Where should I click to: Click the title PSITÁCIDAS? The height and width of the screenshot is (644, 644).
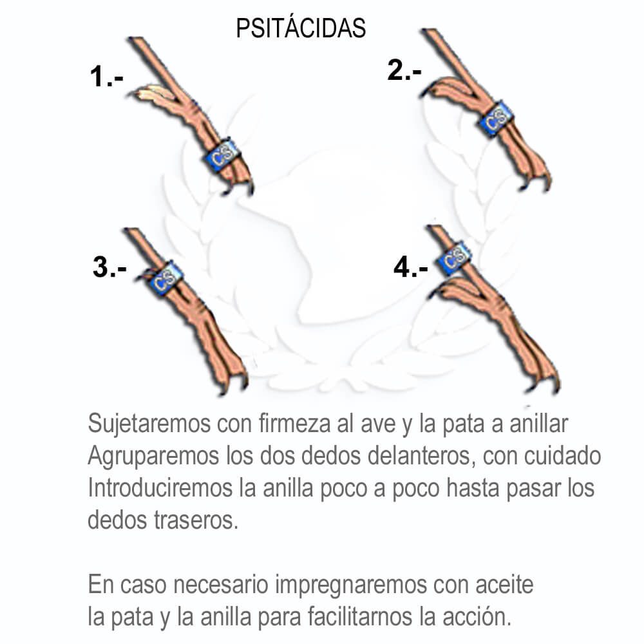tap(301, 28)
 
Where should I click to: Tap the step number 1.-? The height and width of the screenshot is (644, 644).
tap(106, 77)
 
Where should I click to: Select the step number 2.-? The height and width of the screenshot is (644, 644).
tap(404, 70)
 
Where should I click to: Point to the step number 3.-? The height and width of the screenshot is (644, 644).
tap(109, 267)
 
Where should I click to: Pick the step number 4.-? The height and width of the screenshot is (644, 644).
tap(411, 267)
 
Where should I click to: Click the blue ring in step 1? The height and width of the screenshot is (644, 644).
tap(222, 155)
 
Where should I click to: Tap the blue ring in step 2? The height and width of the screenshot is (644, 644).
tap(497, 118)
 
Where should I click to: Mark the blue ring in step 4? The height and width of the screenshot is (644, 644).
tap(453, 258)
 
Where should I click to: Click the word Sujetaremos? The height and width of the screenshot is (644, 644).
tap(149, 424)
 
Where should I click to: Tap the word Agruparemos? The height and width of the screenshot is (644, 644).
tap(154, 457)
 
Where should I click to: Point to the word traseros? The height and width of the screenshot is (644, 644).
tap(196, 520)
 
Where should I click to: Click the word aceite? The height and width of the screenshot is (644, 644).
tap(504, 585)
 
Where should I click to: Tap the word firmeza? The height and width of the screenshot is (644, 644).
tap(294, 424)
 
